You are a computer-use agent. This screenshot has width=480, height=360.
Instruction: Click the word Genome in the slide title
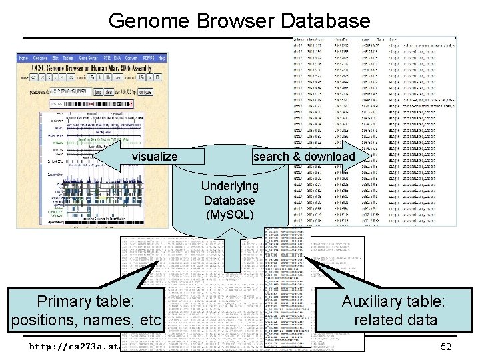tap(141, 21)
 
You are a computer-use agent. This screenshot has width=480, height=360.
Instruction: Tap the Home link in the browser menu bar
tap(23, 58)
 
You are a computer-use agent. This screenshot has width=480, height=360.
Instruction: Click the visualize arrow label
tap(154, 157)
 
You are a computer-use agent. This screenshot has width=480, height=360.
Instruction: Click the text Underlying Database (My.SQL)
tap(229, 200)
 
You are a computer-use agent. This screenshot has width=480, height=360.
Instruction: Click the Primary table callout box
tap(86, 311)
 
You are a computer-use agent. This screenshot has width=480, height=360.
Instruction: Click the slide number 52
tap(447, 346)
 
